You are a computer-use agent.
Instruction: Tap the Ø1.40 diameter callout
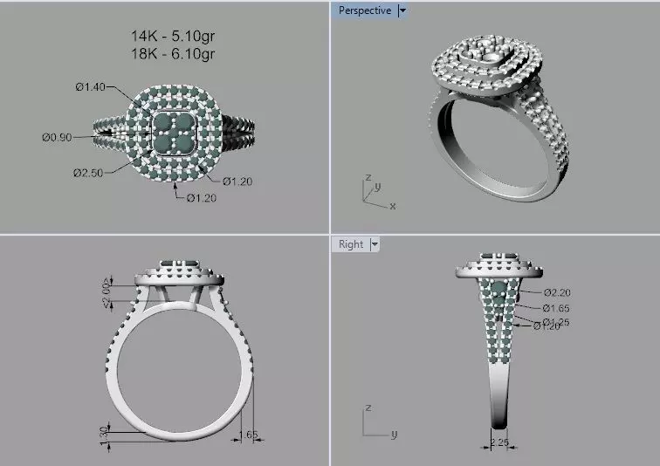pyautogui.click(x=90, y=86)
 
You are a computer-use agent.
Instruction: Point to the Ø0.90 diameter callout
pyautogui.click(x=57, y=137)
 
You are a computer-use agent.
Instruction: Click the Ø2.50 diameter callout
pyautogui.click(x=88, y=172)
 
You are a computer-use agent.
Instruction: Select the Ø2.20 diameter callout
pyautogui.click(x=556, y=292)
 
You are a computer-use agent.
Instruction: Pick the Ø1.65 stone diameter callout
pyautogui.click(x=556, y=308)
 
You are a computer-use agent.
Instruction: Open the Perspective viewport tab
pyautogui.click(x=364, y=10)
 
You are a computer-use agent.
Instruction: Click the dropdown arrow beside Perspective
pyautogui.click(x=402, y=10)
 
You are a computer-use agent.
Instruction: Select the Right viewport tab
pyautogui.click(x=350, y=243)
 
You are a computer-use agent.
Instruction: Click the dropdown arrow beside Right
pyautogui.click(x=375, y=244)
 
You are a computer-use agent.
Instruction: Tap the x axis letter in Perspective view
pyautogui.click(x=393, y=206)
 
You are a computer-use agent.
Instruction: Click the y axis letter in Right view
pyautogui.click(x=394, y=434)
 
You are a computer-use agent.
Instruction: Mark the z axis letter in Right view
pyautogui.click(x=369, y=408)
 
